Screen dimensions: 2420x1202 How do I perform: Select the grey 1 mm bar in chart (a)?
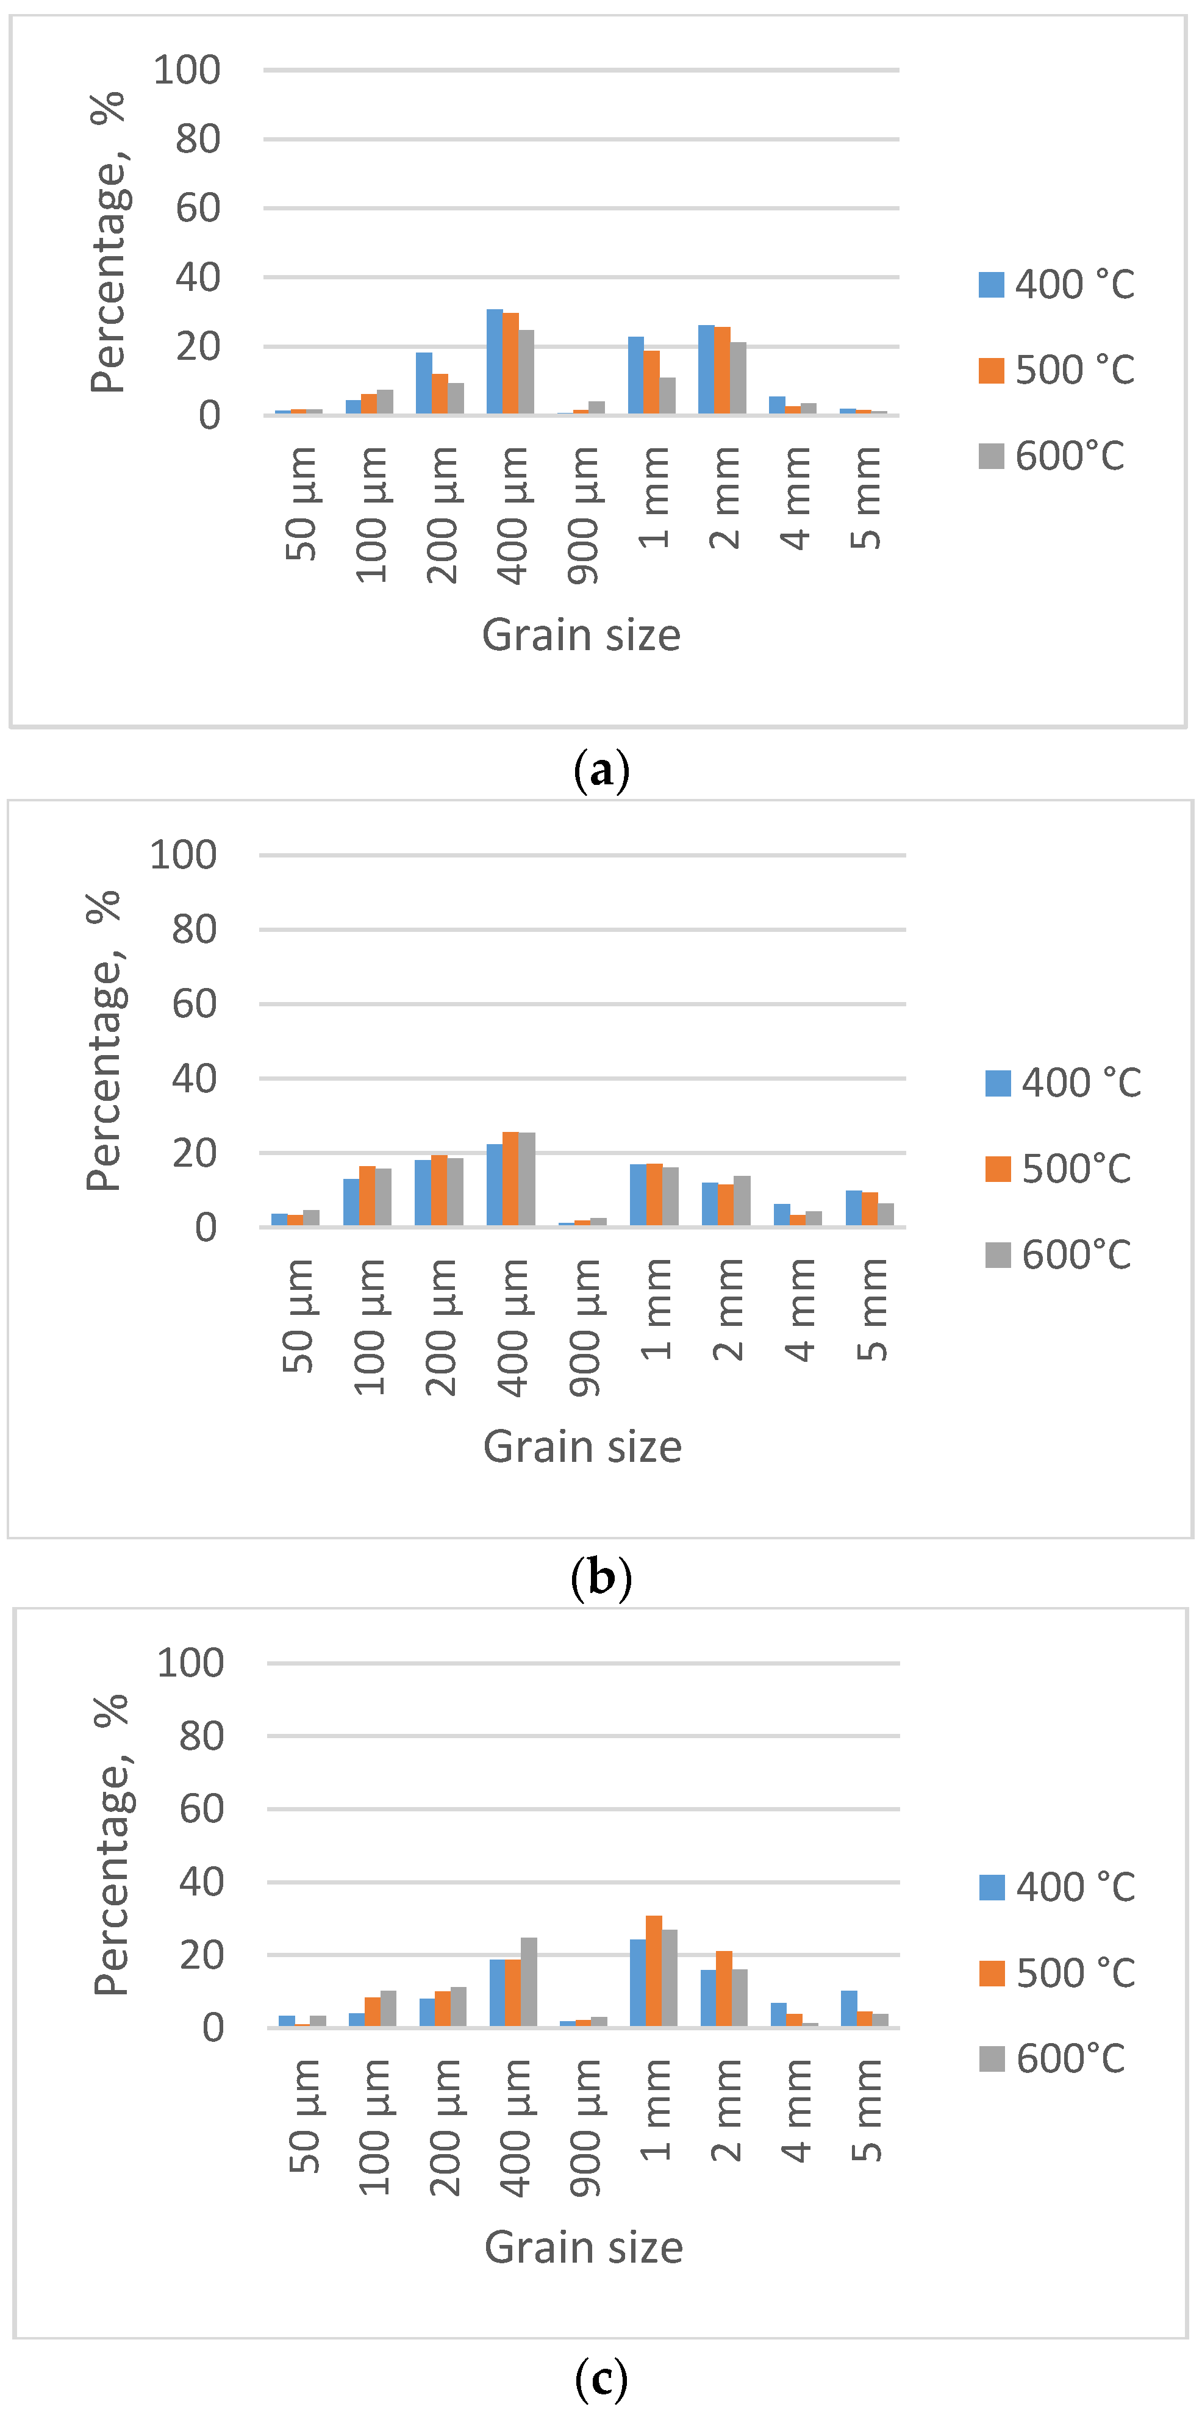668,395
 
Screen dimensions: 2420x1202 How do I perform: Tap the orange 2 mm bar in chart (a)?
722,370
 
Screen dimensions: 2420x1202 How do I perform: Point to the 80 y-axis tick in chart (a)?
197,139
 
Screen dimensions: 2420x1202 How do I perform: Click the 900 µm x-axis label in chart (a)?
583,515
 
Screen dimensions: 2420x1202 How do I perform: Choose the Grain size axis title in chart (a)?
581,635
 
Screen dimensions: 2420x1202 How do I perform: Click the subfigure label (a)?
601,771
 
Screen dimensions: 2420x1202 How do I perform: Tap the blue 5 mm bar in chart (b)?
854,1208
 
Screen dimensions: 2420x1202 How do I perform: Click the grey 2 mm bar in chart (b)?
742,1201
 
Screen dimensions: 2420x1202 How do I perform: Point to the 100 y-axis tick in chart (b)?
183,855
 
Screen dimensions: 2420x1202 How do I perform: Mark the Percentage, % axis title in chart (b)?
103,1041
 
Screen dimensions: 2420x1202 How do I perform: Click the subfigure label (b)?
601,1578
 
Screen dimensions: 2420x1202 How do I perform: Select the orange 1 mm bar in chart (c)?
654,1972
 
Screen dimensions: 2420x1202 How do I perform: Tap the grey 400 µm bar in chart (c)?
529,1982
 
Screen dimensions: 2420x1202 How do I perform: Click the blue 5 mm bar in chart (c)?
849,2008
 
